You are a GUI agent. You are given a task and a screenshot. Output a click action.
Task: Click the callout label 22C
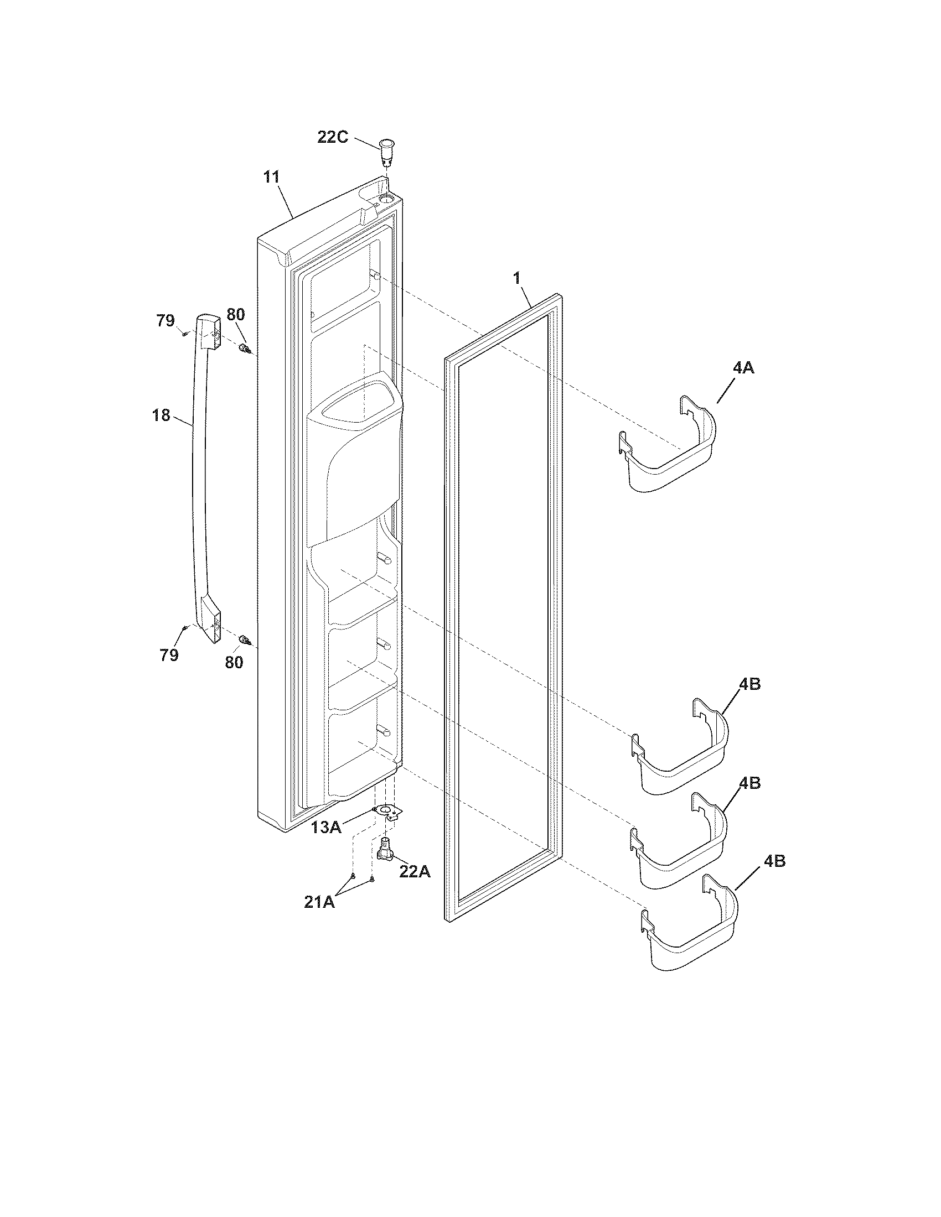(x=333, y=137)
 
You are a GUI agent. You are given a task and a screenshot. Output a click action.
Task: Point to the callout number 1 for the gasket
(x=517, y=278)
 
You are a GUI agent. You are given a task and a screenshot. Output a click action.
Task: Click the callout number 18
(x=161, y=415)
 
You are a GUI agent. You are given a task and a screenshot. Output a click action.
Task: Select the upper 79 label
(x=165, y=321)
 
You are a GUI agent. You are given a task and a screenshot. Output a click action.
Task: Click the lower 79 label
(x=169, y=656)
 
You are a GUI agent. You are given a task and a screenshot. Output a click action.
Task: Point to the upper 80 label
(x=235, y=314)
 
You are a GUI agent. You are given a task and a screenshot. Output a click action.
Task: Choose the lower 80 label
(x=234, y=663)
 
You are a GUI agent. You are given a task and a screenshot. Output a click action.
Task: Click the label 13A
(x=326, y=827)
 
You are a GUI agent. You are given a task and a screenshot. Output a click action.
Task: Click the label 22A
(x=415, y=871)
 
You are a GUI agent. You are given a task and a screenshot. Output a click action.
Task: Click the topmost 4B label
(x=750, y=684)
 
